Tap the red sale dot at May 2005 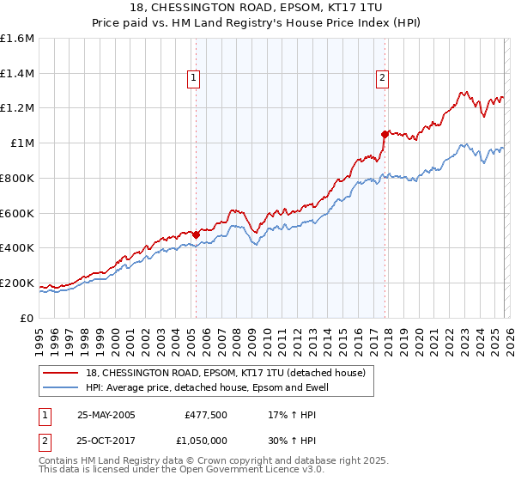[x=196, y=234]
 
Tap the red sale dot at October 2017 [x=385, y=134]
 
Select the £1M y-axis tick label [x=22, y=143]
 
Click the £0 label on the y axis [x=27, y=318]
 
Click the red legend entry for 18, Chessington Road [x=226, y=373]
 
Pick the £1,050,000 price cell [x=203, y=440]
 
